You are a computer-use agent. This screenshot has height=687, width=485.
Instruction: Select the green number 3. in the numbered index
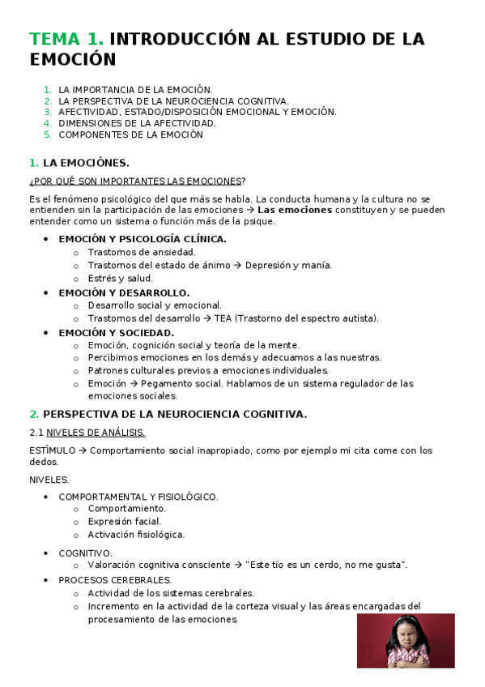coord(48,112)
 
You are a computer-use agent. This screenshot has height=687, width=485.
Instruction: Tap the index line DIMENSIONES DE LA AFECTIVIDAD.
coord(137,123)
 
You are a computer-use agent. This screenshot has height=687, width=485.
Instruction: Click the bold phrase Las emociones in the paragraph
coord(294,210)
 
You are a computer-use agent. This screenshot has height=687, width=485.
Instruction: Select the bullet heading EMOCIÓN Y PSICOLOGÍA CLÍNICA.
coord(143,239)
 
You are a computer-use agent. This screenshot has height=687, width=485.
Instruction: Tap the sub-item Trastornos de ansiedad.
coord(141,252)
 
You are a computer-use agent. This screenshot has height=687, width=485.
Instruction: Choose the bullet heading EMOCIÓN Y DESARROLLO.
coord(124,292)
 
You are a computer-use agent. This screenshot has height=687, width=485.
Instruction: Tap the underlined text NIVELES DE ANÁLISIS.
coord(96,433)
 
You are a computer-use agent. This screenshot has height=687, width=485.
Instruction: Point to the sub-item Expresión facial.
coord(124,522)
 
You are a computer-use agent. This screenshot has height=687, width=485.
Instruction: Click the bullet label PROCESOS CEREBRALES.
coord(115,580)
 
